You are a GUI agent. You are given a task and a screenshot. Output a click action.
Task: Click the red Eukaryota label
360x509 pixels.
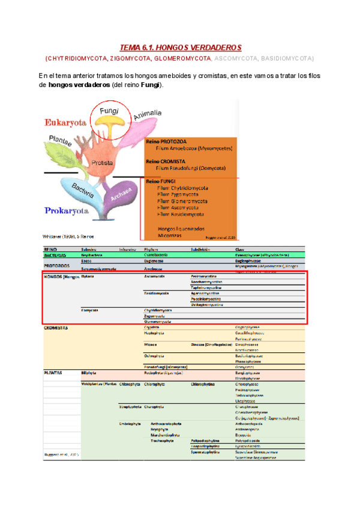pos(66,122)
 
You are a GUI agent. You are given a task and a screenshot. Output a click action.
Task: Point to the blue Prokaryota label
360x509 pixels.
pos(67,211)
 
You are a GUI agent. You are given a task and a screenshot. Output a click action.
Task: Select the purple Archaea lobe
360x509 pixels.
pos(123,194)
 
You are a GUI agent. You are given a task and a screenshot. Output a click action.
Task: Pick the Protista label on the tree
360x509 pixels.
pos(103,163)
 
